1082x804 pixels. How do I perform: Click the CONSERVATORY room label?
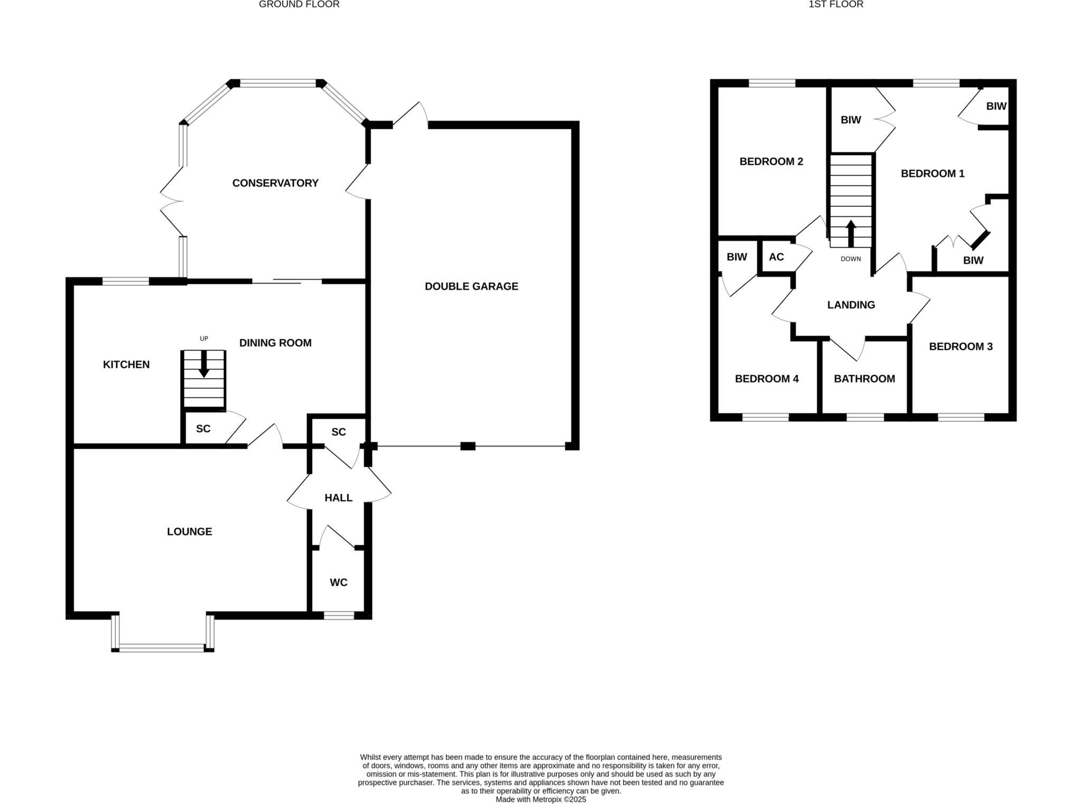point(275,183)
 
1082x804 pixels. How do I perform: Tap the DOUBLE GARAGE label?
point(471,286)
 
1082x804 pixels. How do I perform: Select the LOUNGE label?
point(189,531)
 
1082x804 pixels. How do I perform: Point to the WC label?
point(338,582)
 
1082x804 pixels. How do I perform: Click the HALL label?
point(338,498)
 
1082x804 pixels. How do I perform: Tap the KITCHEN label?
point(126,364)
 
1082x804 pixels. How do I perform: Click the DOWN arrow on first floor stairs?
point(851,233)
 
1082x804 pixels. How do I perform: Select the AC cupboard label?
point(776,257)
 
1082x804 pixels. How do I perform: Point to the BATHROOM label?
point(864,379)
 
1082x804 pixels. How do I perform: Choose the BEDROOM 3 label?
point(960,347)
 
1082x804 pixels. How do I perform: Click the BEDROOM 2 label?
point(771,162)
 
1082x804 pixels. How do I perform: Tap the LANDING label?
point(851,305)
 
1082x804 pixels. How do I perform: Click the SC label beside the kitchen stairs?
point(203,429)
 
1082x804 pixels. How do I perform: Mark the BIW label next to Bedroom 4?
point(736,257)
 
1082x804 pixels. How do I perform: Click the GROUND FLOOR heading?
point(299,4)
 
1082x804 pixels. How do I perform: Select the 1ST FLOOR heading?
point(836,4)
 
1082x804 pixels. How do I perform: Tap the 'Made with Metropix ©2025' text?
point(540,799)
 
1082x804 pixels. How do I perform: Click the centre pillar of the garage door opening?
point(468,446)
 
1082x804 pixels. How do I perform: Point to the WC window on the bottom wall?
point(339,615)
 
